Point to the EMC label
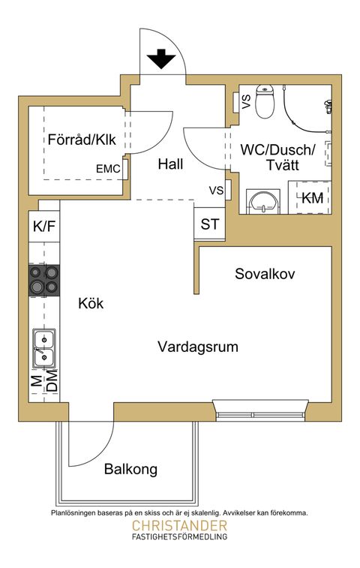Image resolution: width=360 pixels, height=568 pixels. pos(109,170)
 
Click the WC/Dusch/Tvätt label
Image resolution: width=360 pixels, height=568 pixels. pos(279,157)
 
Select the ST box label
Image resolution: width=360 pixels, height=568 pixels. pos(209,224)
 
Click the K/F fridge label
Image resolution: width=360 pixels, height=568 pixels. pos(43,225)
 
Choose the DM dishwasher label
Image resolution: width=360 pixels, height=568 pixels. pos(51,380)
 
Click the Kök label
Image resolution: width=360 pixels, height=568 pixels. pos(91,304)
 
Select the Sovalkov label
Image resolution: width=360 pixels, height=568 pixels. pos(265,274)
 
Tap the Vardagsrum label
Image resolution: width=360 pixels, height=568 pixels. pos(198,347)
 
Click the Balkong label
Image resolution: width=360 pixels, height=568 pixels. pos(130,470)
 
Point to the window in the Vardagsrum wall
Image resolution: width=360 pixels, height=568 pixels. pos(260,407)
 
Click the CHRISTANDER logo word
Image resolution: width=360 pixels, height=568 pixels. pos(179,526)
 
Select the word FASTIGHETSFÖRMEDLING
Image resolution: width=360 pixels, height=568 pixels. pos(179,537)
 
